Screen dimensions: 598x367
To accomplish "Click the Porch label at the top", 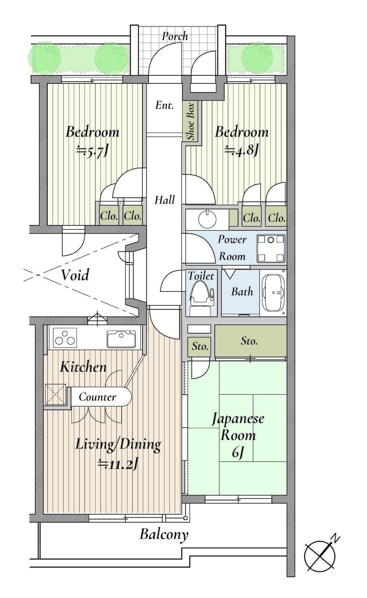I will coord(175,36).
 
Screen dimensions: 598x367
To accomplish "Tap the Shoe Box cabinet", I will coord(191,121).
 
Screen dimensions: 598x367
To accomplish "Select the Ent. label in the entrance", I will coord(164,106).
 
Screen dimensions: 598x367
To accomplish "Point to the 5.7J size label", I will coord(93,151).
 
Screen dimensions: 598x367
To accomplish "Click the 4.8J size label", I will coord(242,150).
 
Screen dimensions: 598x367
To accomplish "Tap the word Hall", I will coord(164,200).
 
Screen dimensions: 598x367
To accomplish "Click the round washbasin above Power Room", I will coord(207,220).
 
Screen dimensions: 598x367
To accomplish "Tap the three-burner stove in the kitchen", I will coord(65,338).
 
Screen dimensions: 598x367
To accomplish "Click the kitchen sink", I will coord(121,339).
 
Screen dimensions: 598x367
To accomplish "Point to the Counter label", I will coord(97,397).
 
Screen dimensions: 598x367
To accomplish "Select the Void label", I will coord(75,275).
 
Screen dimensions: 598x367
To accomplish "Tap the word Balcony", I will coord(164,534).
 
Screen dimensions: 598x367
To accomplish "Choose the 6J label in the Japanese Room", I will coord(238,453).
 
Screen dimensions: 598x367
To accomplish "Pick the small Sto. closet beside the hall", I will coord(200,346).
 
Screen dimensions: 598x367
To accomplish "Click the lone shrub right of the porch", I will coord(257,58).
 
